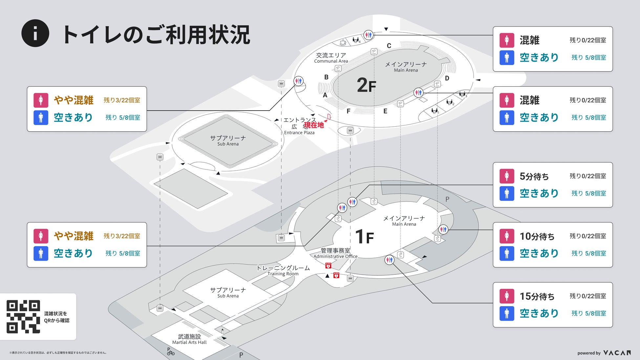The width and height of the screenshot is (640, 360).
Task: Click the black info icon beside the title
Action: coord(35,33)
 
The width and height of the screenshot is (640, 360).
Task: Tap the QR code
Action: coord(23,316)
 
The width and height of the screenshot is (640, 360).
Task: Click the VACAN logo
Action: coord(617,353)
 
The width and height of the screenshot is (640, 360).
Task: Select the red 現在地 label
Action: coord(314,125)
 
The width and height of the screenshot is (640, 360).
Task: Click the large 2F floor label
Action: coord(366,85)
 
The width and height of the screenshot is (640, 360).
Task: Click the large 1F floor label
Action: coord(365,237)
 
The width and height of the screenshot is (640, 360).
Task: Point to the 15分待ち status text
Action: coord(537,296)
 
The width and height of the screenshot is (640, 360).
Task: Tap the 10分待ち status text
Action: coord(537,236)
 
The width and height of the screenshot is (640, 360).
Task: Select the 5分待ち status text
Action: coord(534,176)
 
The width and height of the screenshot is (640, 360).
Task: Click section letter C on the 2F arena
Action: coord(389,46)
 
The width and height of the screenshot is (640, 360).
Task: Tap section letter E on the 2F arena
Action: coord(385,111)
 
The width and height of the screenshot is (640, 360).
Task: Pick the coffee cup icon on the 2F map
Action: coord(343,42)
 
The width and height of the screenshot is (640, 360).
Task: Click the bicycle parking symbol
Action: coord(171,352)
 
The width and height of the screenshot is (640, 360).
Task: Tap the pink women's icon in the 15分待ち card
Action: coord(507,296)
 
